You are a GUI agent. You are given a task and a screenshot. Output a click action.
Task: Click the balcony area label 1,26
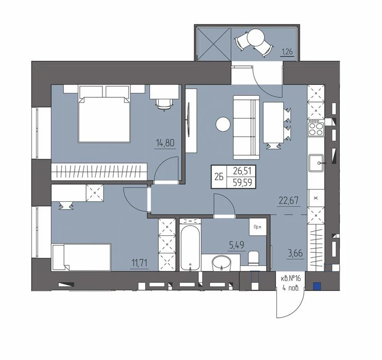pyautogui.click(x=287, y=52)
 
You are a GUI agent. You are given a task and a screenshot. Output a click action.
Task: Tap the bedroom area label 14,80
pyautogui.click(x=165, y=143)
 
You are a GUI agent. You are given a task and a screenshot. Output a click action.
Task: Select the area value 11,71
pyautogui.click(x=140, y=263)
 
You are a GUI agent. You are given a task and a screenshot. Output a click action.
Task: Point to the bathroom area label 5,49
pyautogui.click(x=236, y=245)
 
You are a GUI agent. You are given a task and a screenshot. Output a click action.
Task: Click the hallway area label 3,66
pyautogui.click(x=296, y=253)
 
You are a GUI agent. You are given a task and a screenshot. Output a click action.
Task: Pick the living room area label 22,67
pyautogui.click(x=288, y=201)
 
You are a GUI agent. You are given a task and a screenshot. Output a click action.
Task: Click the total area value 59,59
pyautogui.click(x=242, y=182)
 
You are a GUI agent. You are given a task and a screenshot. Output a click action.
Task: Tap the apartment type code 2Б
pyautogui.click(x=219, y=177)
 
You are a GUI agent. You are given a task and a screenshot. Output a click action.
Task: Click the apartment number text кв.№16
pyautogui.click(x=291, y=278)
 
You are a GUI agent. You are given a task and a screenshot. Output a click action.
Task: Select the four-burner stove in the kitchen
pyautogui.click(x=316, y=129)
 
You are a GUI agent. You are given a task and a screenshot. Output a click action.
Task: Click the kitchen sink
pyautogui.click(x=316, y=163)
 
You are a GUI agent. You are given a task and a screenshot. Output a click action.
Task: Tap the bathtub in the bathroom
pyautogui.click(x=190, y=245)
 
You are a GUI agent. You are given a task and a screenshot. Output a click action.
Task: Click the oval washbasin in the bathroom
pyautogui.click(x=221, y=263)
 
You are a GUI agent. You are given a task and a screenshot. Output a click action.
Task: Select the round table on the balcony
pyautogui.click(x=255, y=37)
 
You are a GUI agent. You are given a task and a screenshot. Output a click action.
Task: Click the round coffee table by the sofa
pyautogui.click(x=223, y=124)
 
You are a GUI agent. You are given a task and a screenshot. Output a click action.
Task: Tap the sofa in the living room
pyautogui.click(x=246, y=127)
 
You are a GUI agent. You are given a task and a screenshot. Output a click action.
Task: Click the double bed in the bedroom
pyautogui.click(x=104, y=114)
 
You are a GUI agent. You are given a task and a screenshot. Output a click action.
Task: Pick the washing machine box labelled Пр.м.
pyautogui.click(x=258, y=227)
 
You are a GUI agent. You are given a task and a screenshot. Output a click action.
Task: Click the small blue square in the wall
pyautogui.click(x=317, y=286)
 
